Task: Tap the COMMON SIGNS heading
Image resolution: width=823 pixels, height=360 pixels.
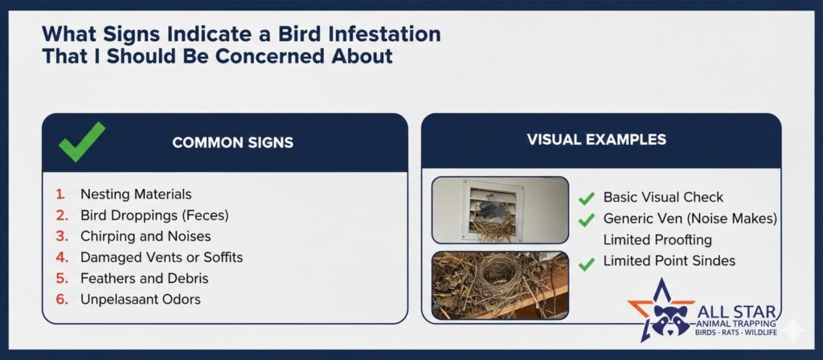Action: tap(232, 143)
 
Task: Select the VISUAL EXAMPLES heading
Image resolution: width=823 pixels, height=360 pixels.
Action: tap(597, 139)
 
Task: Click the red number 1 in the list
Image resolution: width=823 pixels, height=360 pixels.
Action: tap(60, 194)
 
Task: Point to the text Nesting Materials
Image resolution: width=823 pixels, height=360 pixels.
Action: tap(136, 194)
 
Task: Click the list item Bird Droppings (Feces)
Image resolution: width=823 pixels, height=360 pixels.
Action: tap(154, 215)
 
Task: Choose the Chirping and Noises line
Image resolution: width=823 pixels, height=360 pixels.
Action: tap(145, 236)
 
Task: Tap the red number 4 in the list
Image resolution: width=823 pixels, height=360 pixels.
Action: tap(62, 258)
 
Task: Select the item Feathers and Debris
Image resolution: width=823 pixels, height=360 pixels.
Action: tap(145, 278)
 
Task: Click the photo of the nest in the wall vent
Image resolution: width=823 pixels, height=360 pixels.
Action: tap(500, 210)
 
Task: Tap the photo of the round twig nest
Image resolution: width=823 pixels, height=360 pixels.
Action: tap(500, 285)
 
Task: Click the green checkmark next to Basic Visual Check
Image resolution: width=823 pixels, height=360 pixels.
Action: tap(586, 198)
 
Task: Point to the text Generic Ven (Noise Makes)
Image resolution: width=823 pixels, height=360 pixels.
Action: tap(690, 219)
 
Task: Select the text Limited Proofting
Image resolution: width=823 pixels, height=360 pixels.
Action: tap(657, 239)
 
